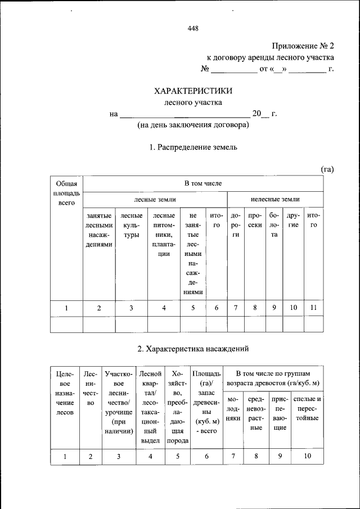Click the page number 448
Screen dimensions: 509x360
(193, 29)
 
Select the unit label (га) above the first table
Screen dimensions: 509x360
(327, 169)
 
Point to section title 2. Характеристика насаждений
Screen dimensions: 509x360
(193, 349)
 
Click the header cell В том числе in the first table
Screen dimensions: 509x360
(203, 183)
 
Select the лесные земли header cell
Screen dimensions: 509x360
(155, 199)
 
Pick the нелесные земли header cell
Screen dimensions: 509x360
(274, 199)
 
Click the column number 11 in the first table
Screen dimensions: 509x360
(314, 308)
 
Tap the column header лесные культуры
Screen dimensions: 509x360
(131, 225)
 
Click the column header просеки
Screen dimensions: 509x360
(255, 220)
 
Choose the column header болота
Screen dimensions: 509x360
(274, 225)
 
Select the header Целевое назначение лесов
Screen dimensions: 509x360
(66, 393)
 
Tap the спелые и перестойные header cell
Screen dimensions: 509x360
(307, 409)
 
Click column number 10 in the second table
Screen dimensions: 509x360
(307, 456)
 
